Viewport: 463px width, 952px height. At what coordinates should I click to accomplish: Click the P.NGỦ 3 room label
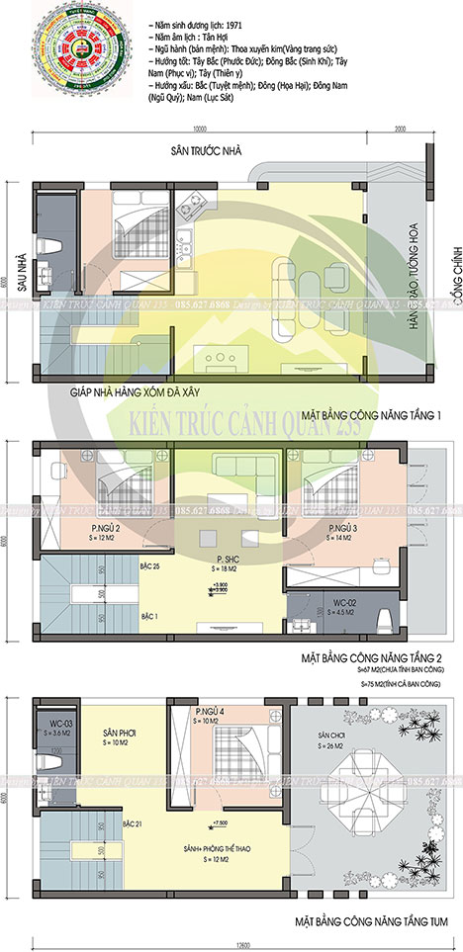tap(343, 529)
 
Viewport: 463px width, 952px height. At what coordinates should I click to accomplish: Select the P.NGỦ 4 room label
tap(212, 712)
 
